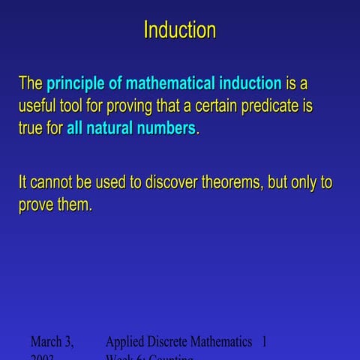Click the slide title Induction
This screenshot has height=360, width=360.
point(179,31)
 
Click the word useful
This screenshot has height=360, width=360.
point(37,106)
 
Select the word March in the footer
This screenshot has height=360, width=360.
point(51,342)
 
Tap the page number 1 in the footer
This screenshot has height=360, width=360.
point(264,342)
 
